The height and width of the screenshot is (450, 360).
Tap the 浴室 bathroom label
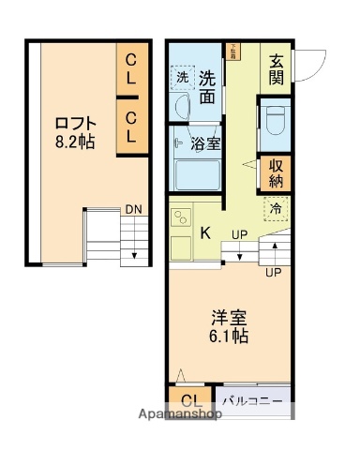point(205,143)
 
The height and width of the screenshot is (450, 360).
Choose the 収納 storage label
point(277,175)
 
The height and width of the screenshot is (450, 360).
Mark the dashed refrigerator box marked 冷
point(276,208)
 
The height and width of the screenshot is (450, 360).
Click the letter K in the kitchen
point(204,232)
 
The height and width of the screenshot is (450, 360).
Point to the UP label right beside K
point(240,233)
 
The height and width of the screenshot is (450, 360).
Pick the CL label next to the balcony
point(190,401)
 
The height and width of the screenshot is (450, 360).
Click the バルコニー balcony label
point(253,400)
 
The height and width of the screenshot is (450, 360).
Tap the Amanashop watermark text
point(178,412)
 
